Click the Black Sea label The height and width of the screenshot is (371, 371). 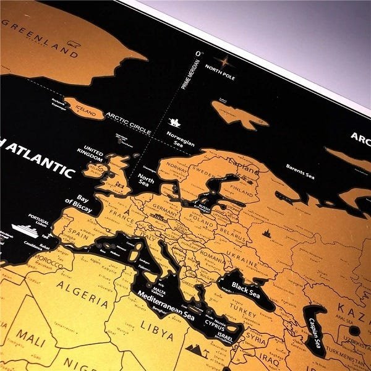[245, 288]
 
